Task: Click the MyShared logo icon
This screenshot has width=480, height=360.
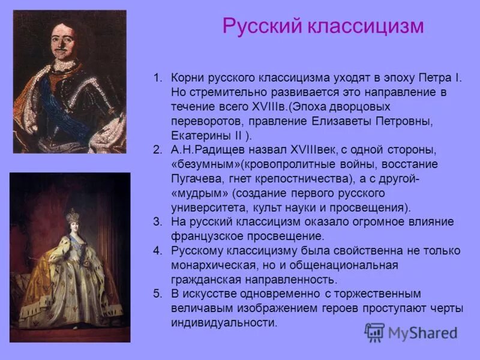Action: coord(374,332)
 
